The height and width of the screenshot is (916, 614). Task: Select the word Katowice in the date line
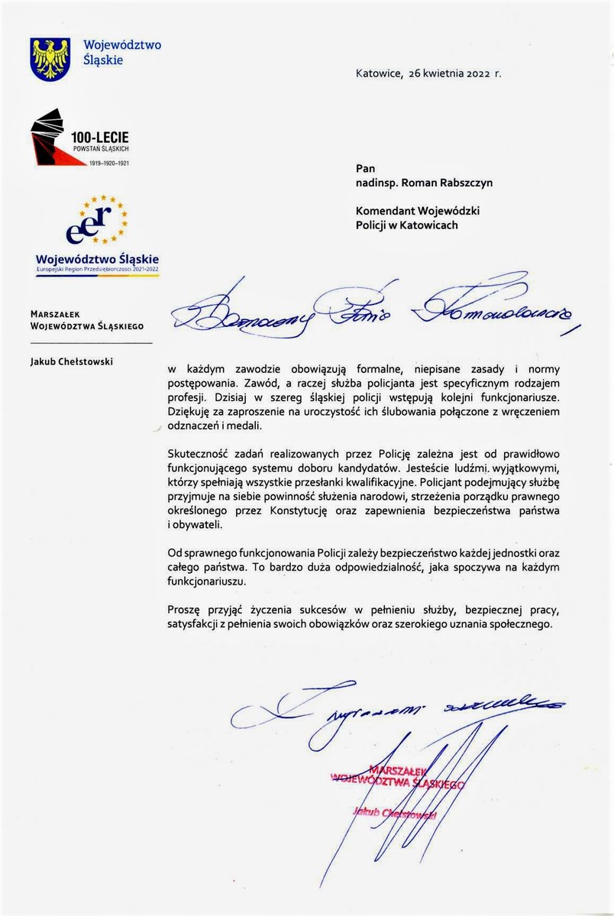pos(378,74)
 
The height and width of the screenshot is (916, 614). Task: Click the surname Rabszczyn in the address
pos(462,183)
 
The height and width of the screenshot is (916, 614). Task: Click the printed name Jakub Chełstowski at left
pos(73,361)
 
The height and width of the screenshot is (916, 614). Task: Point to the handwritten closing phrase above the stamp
pos(397,705)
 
